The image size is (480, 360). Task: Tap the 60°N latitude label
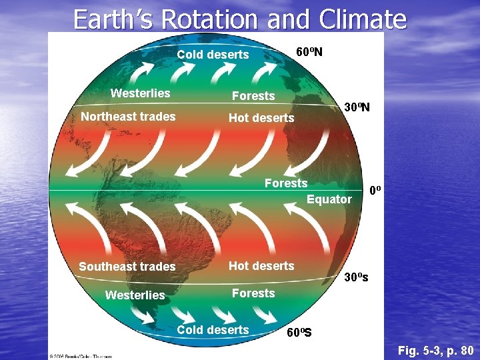(309, 52)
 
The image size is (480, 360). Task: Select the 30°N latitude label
(357, 107)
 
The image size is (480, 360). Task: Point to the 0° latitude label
(376, 191)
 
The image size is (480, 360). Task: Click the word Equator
(329, 199)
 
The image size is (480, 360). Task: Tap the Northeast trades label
(128, 117)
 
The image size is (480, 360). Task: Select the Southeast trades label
(127, 267)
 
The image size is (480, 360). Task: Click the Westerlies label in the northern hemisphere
(140, 93)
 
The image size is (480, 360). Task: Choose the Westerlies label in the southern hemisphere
(135, 295)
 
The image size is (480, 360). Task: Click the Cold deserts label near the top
(213, 55)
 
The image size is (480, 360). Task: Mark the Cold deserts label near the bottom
(213, 329)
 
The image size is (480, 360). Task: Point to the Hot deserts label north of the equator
(261, 118)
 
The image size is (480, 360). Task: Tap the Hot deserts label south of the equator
(261, 265)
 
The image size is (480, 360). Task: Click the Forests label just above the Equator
(286, 183)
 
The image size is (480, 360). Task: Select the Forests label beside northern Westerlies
(253, 96)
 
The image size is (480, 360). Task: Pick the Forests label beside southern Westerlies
(253, 293)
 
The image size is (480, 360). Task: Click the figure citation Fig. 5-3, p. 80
(435, 350)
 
